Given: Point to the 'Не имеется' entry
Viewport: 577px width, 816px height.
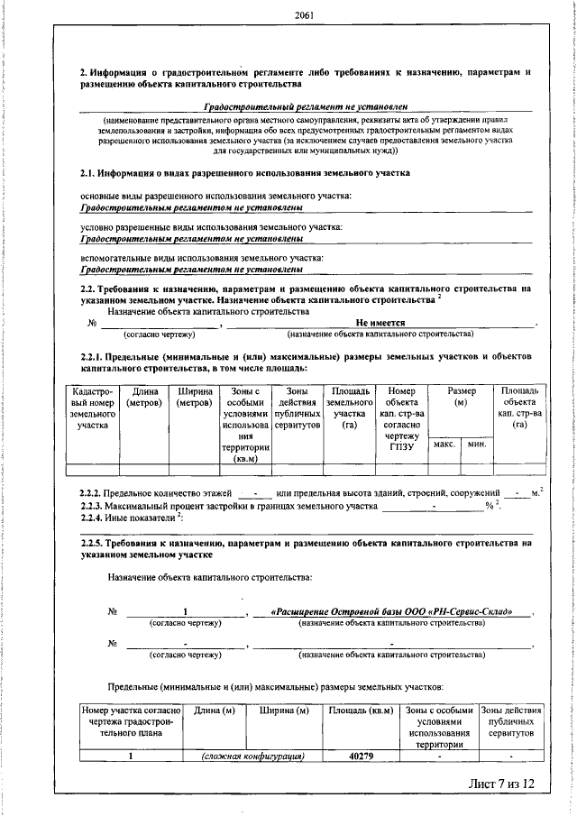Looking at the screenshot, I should (380, 322).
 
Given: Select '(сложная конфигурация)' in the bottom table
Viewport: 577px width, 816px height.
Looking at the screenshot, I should (251, 756).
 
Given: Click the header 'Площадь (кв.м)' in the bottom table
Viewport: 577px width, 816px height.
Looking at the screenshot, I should (361, 711).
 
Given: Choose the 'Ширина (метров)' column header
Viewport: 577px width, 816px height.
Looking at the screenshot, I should (196, 397).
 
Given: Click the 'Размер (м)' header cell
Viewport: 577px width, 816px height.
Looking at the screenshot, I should (461, 397).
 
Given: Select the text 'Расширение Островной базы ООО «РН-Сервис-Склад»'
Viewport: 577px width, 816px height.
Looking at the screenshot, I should (390, 613).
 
